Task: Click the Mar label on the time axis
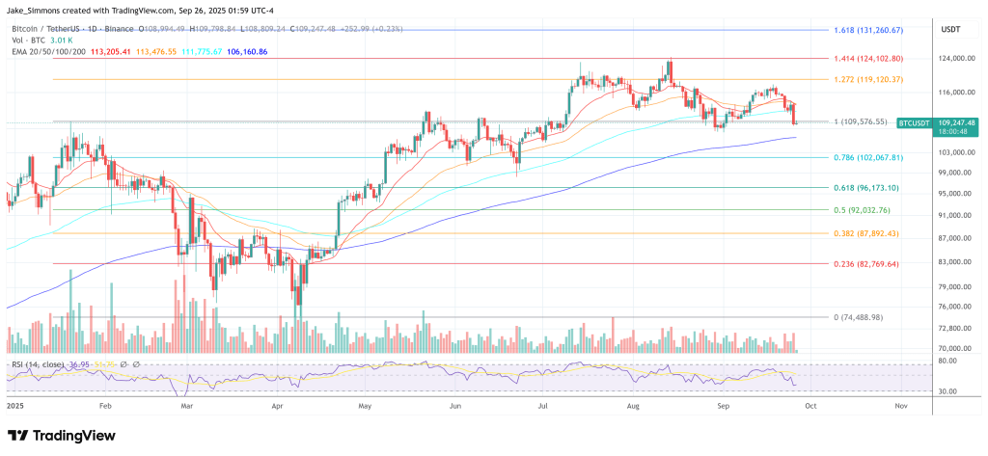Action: coord(187,407)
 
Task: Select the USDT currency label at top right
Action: coord(950,29)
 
